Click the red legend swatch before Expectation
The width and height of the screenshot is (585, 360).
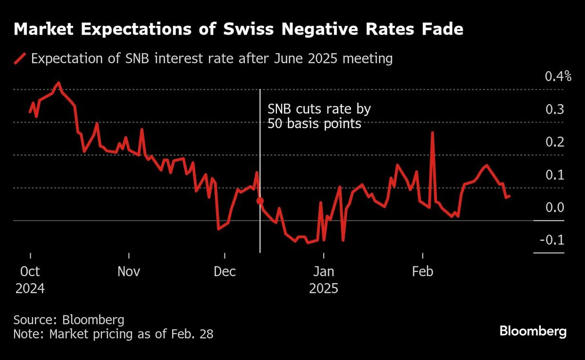click(x=20, y=59)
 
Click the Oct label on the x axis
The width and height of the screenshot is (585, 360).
click(x=30, y=271)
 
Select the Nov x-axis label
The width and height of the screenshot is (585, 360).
click(x=129, y=271)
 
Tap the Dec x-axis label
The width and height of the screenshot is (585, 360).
click(x=224, y=271)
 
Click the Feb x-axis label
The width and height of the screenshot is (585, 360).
click(x=422, y=271)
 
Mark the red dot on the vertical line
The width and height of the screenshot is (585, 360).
click(x=260, y=201)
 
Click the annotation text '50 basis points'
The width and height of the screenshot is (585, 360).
click(x=314, y=124)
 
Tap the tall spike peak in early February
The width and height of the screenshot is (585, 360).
click(x=432, y=133)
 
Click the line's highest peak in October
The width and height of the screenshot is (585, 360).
click(x=59, y=83)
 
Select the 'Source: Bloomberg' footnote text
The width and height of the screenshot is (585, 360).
click(x=69, y=320)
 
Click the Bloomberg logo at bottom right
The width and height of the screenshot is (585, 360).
click(x=533, y=332)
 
